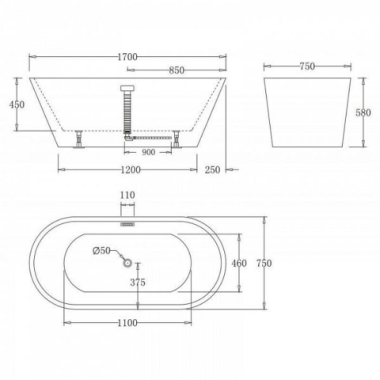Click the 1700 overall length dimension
(x=127, y=57)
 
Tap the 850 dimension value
(x=177, y=70)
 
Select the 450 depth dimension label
(x=16, y=104)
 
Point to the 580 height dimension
(x=363, y=113)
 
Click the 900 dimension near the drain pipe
(x=148, y=152)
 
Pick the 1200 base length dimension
(x=130, y=170)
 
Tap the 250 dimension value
(x=212, y=170)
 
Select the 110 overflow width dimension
(x=127, y=195)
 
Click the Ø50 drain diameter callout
(x=101, y=251)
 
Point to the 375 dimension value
(x=137, y=282)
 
